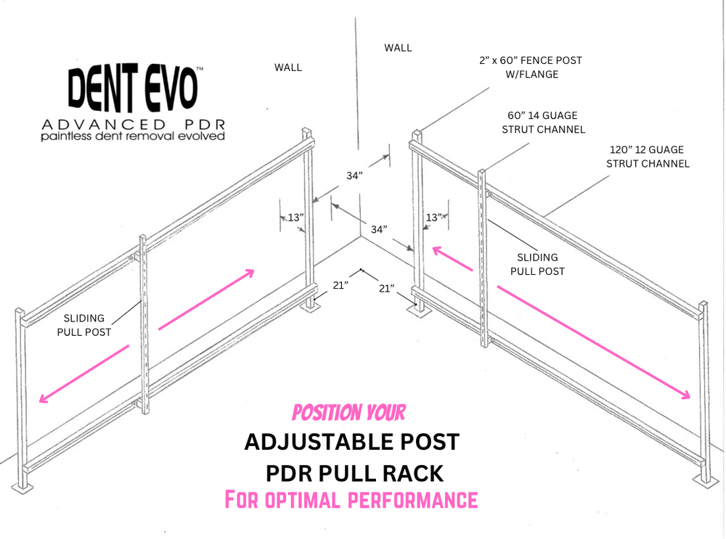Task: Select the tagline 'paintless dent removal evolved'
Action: click(132, 136)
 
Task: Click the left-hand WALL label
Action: click(287, 67)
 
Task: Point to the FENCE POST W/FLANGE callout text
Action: click(530, 67)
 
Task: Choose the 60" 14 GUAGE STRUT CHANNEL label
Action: click(543, 123)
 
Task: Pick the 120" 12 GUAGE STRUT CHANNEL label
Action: click(648, 157)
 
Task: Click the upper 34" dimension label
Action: click(354, 175)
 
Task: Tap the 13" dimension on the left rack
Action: click(295, 217)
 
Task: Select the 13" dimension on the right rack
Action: click(433, 217)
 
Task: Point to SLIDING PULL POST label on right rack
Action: click(537, 264)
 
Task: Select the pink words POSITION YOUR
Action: click(348, 413)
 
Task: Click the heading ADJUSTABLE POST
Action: click(351, 441)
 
